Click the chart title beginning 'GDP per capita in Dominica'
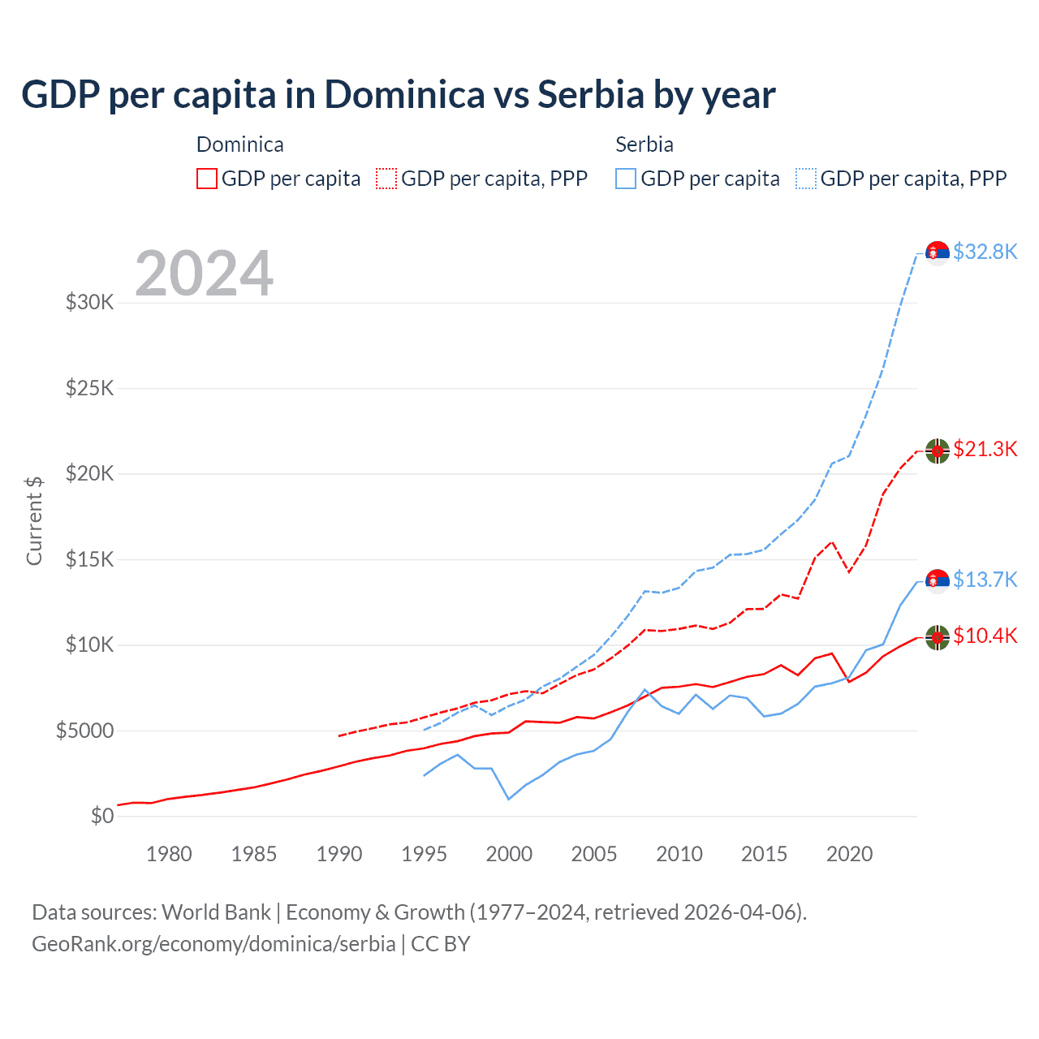tap(398, 95)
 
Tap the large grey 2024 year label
tap(204, 274)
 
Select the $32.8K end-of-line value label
tap(985, 252)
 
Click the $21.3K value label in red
tap(985, 449)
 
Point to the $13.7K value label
tap(985, 580)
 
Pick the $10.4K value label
tap(985, 636)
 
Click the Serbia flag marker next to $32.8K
tap(938, 253)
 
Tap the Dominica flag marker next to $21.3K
tap(938, 451)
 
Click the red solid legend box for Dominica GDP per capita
tap(207, 179)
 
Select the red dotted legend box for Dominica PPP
tap(386, 179)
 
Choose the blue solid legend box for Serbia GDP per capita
tap(626, 179)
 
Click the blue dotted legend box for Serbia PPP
tap(806, 179)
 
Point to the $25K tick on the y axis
tap(89, 388)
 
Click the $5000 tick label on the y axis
tap(84, 731)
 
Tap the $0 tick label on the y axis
tap(101, 816)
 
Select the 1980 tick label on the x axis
tap(169, 854)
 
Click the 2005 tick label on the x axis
tap(594, 854)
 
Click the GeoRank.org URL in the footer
tap(213, 944)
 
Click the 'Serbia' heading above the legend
tap(645, 144)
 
